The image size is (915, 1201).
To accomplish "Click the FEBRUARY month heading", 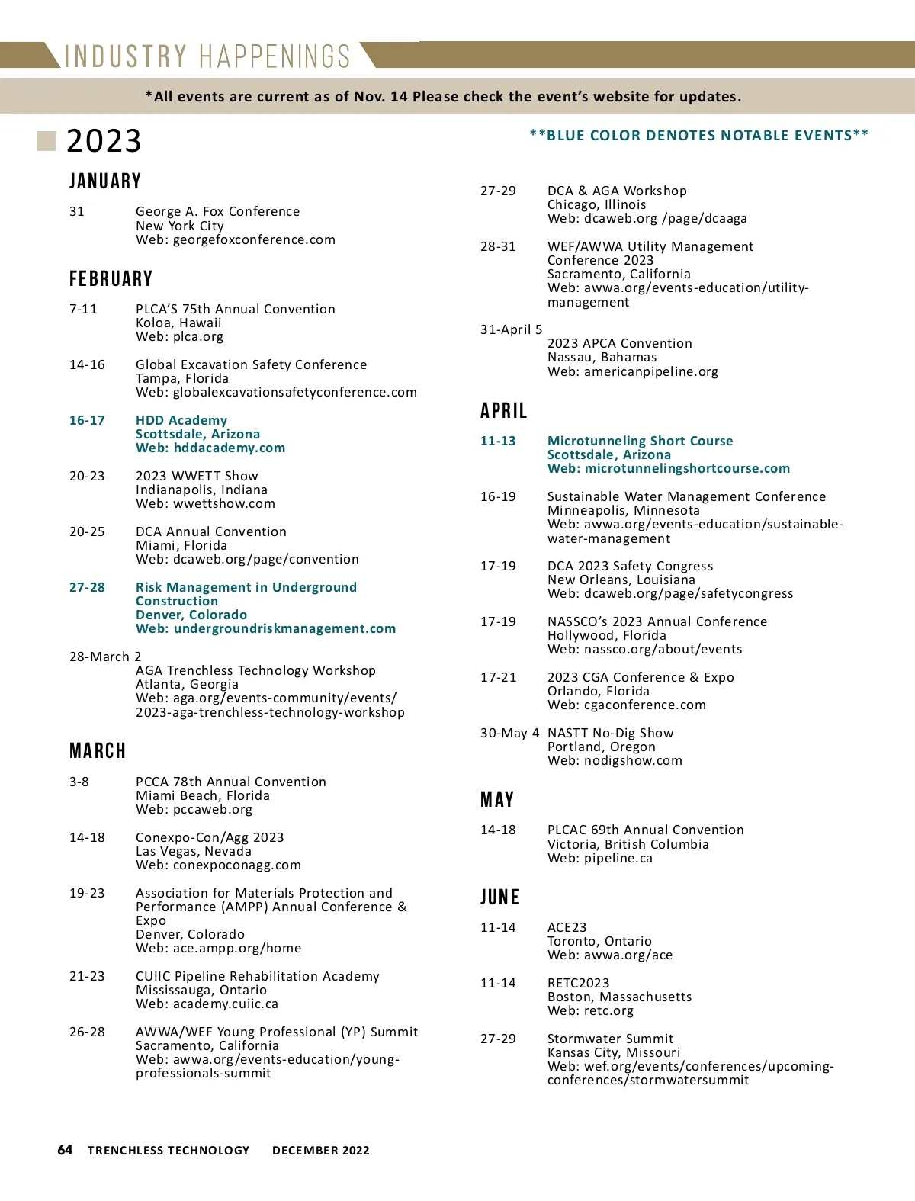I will (111, 279).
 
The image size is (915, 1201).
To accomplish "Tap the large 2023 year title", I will (104, 141).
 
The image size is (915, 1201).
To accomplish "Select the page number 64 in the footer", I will (66, 1150).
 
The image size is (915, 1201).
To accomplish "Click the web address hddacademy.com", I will (229, 448).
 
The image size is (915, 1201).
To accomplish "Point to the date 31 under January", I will (77, 212).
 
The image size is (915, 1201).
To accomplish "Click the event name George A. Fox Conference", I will (217, 212).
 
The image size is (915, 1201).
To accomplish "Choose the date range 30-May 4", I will (509, 734).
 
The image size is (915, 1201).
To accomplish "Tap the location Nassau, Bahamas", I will (602, 358).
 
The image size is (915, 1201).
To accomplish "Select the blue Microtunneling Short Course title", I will (640, 442).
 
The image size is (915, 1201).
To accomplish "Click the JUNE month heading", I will (499, 898).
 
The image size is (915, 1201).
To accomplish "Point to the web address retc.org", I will (608, 1011).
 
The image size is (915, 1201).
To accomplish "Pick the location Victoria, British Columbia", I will (628, 844).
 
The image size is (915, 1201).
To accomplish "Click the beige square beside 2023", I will (47, 141).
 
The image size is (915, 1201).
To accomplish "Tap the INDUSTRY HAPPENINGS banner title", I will (207, 57).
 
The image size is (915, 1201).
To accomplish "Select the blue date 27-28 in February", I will (87, 588).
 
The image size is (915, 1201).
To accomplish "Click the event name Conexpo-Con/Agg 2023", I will (210, 838).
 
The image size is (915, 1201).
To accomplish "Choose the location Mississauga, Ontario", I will (201, 991).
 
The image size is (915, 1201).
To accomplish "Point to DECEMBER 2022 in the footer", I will (320, 1151).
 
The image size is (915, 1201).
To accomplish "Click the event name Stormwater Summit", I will (610, 1039).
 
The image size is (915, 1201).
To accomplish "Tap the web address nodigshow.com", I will (633, 761).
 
